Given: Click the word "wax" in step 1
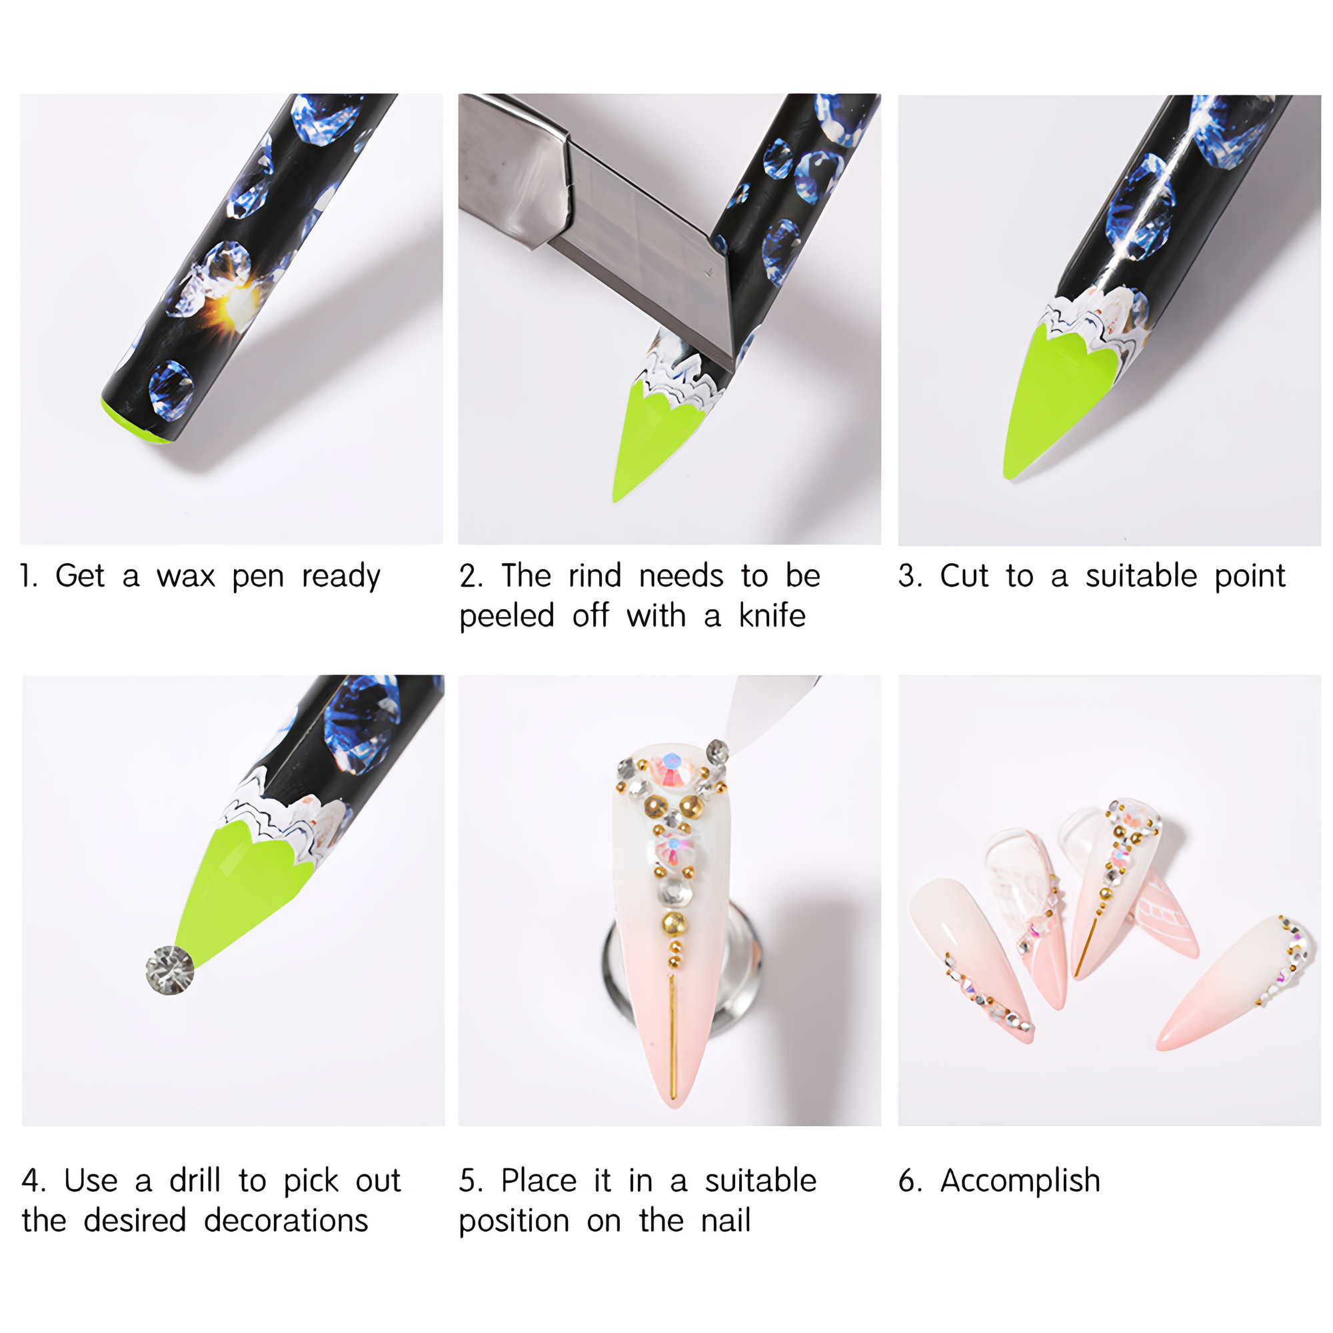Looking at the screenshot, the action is pos(185,576).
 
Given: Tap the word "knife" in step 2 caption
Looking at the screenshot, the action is pos(772,615).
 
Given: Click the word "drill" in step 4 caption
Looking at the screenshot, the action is pos(195,1180).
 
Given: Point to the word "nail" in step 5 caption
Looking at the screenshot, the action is pos(725,1220).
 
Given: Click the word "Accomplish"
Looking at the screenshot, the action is pos(1020,1182).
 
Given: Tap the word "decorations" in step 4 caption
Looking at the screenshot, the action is pos(287,1220).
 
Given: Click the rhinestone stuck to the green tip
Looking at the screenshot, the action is pos(170,969).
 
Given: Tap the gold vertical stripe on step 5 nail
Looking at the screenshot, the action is pos(672,1035).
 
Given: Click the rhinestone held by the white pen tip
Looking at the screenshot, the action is pos(718,751).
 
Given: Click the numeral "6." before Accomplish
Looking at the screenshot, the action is pos(910,1180).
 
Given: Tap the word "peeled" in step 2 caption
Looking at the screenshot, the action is pos(507,616).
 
